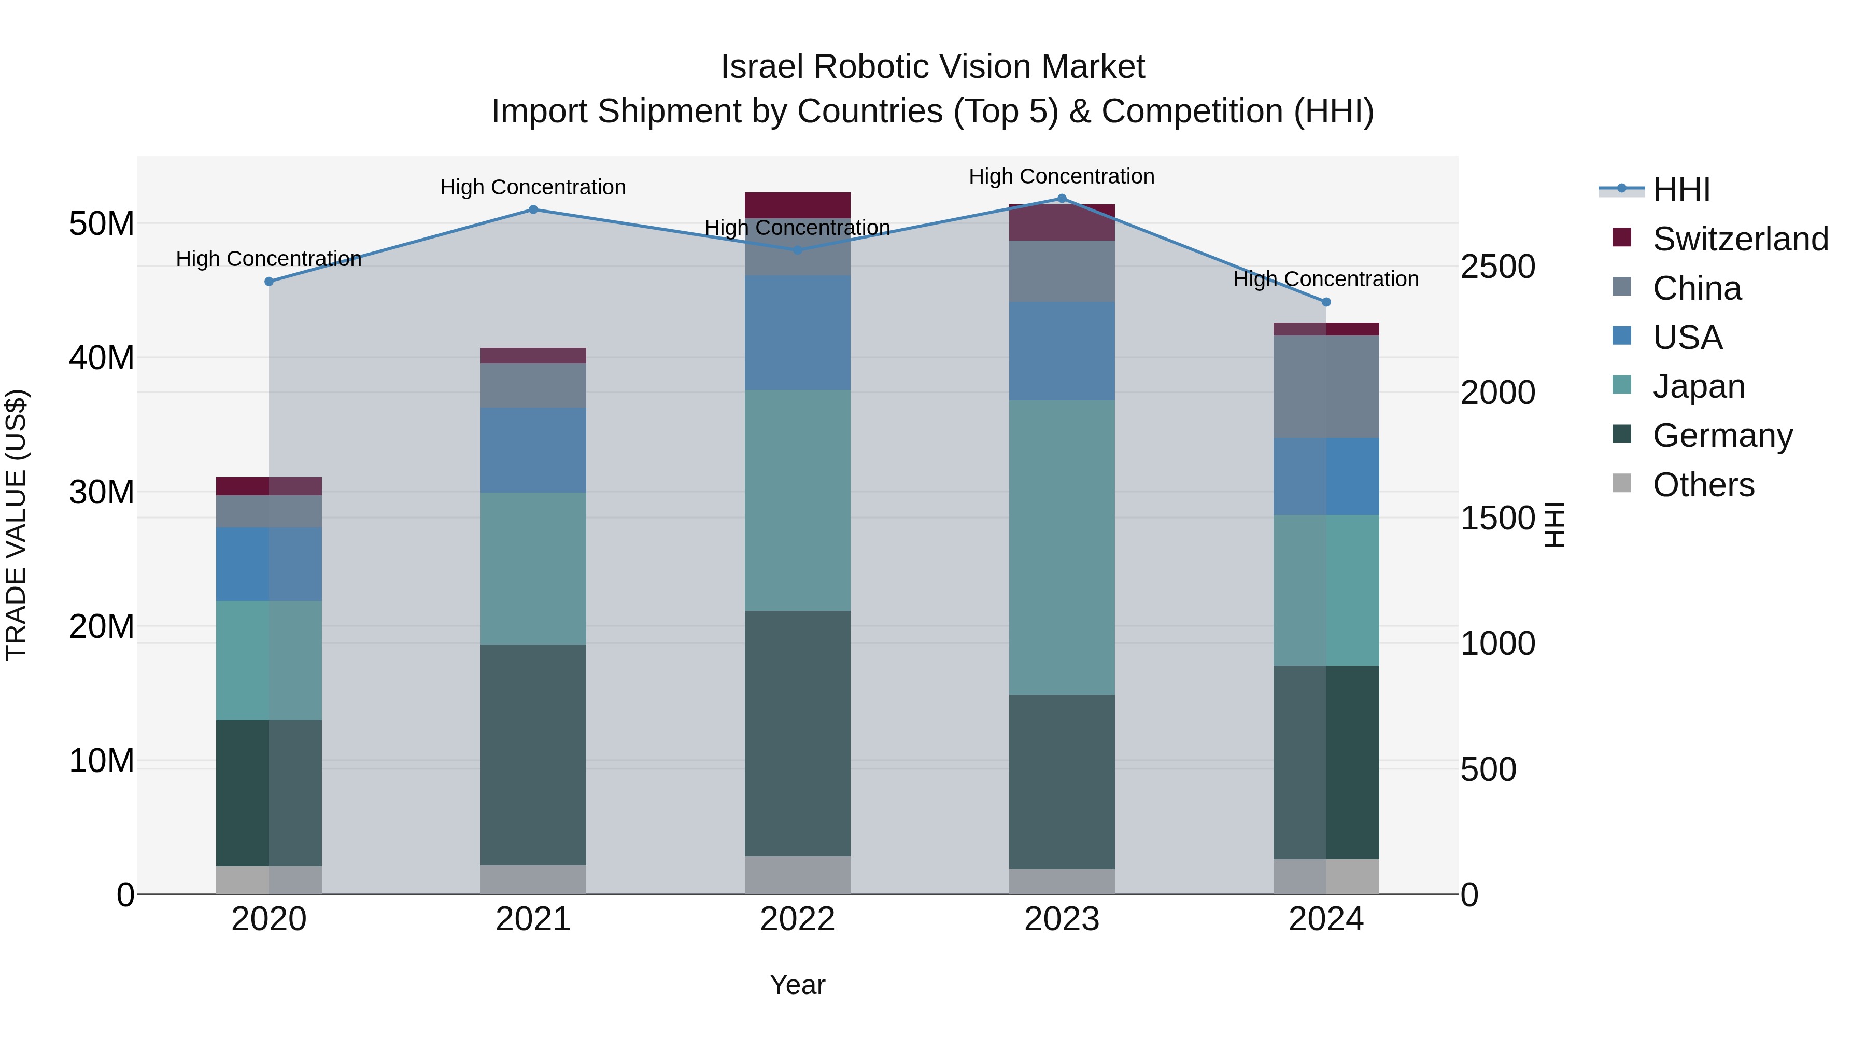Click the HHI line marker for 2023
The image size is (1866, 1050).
(1062, 199)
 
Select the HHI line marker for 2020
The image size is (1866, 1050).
(268, 282)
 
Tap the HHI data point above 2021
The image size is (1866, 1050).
(533, 210)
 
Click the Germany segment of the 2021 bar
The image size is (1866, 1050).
(533, 754)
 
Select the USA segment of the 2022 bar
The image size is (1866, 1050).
(798, 332)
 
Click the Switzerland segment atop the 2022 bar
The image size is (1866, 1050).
(798, 205)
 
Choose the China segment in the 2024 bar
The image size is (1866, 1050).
(1326, 386)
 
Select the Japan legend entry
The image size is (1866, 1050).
(1698, 386)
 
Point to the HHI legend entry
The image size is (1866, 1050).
(1680, 190)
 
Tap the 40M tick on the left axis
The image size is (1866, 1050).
(102, 358)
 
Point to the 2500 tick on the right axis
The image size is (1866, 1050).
(1496, 267)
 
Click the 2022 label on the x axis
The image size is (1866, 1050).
(798, 919)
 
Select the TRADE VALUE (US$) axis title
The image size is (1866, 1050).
(17, 525)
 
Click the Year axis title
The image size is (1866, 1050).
(798, 985)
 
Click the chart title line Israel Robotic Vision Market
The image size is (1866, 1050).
(932, 67)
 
